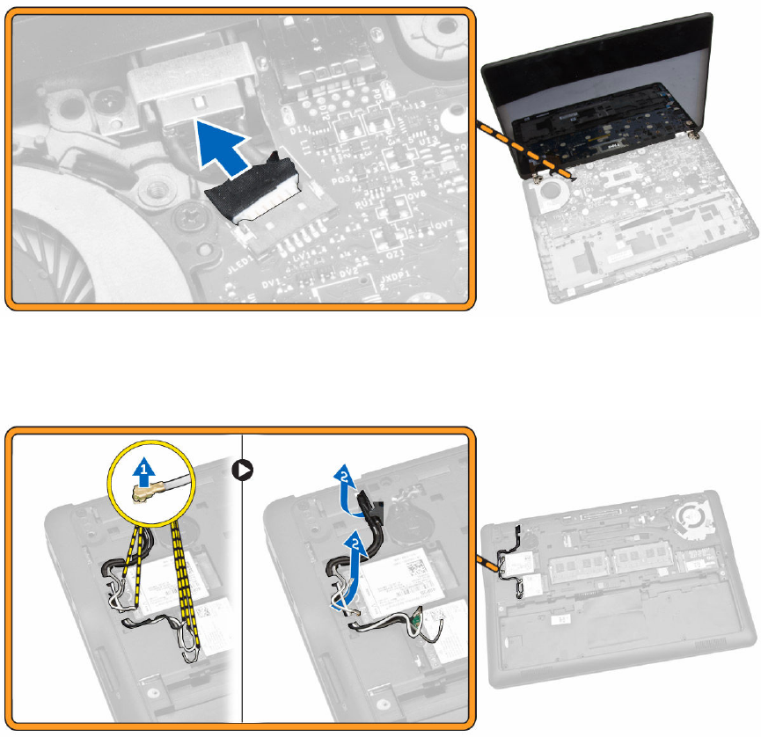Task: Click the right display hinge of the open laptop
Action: [x=693, y=134]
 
